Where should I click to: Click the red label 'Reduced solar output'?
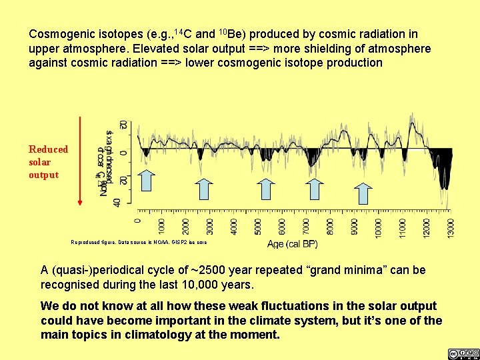48,162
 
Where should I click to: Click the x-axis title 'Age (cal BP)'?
292,244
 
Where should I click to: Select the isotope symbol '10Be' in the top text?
233,33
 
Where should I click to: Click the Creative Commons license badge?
463,353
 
